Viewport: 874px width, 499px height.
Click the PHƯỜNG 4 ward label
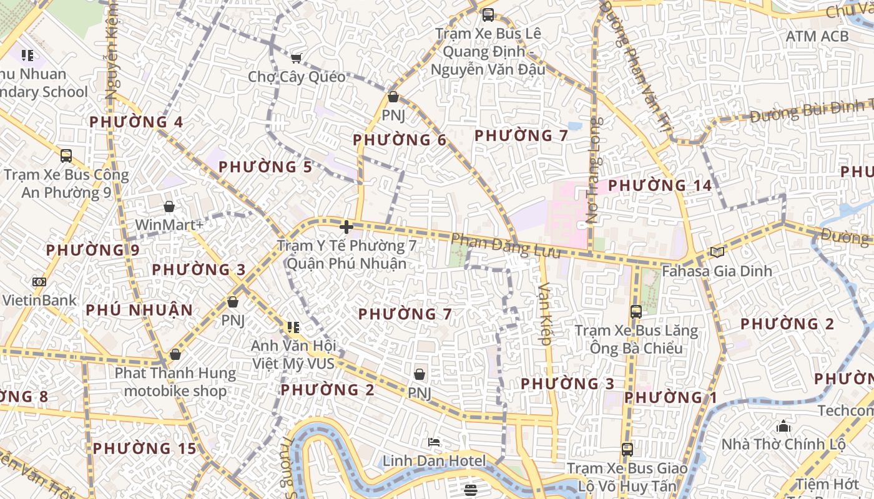click(x=136, y=122)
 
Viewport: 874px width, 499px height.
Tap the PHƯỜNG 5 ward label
click(x=265, y=167)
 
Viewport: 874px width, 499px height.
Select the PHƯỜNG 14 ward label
click(x=660, y=186)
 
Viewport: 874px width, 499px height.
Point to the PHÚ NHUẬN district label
click(x=139, y=310)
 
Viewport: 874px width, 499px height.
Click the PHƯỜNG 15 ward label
click(x=145, y=448)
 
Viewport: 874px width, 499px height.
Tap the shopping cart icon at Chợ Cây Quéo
click(x=296, y=58)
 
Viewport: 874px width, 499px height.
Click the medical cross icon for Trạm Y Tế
click(x=346, y=227)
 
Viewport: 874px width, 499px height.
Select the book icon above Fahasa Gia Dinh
click(x=717, y=252)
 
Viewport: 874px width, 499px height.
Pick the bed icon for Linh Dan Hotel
click(x=434, y=442)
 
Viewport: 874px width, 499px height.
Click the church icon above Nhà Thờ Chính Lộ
click(x=783, y=427)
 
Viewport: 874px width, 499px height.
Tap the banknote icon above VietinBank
click(x=39, y=282)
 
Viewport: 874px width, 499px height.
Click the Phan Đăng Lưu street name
click(x=496, y=245)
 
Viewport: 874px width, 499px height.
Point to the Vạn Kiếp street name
click(x=545, y=314)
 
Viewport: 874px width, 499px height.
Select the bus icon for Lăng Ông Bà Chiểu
click(x=636, y=312)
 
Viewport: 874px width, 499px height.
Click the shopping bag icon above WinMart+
click(x=169, y=206)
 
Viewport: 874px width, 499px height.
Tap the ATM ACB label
click(x=817, y=36)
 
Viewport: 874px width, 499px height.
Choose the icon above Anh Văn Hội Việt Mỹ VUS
click(x=293, y=327)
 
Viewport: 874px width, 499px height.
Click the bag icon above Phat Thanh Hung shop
click(x=175, y=354)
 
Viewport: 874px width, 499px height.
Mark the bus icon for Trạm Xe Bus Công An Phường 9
click(x=66, y=156)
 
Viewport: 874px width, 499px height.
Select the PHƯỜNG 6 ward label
click(x=400, y=140)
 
